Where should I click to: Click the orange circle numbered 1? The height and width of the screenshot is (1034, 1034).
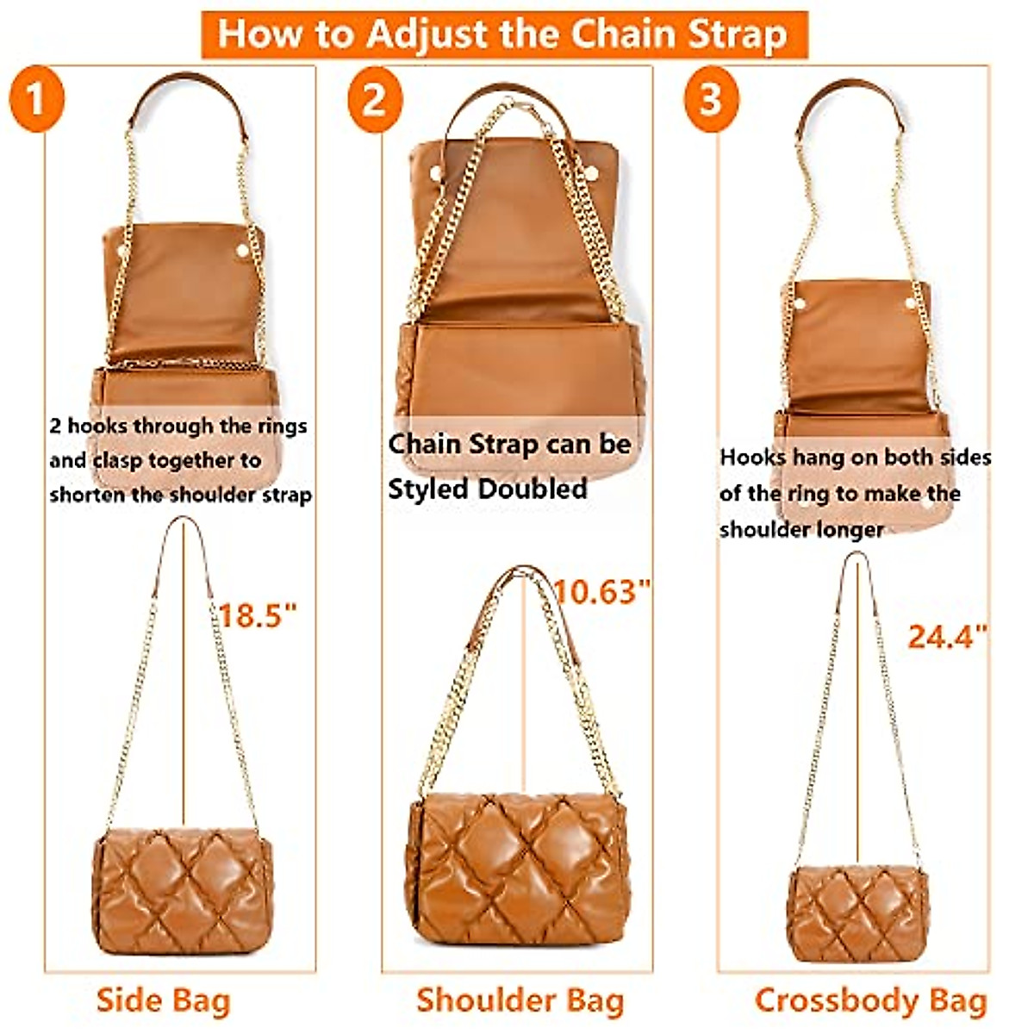click(x=36, y=101)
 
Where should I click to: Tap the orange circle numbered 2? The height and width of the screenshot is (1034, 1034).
click(x=375, y=101)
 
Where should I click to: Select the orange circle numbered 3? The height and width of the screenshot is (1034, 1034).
click(x=711, y=101)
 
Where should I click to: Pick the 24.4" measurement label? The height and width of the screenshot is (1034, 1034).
click(x=947, y=637)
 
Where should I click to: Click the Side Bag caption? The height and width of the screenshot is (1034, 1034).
click(x=164, y=1000)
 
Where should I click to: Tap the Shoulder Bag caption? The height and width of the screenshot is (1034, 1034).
click(x=520, y=1000)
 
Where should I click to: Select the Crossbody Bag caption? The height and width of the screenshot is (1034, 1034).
click(x=870, y=1000)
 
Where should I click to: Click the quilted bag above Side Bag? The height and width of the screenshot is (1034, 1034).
click(x=184, y=891)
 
